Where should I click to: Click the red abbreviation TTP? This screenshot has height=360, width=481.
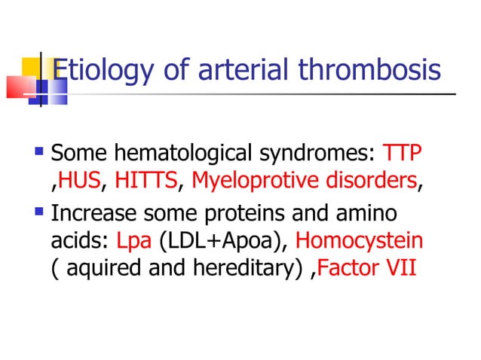[x=403, y=154]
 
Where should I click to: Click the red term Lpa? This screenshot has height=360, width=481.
[x=134, y=241]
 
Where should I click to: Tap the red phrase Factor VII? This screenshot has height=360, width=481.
[x=368, y=268]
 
